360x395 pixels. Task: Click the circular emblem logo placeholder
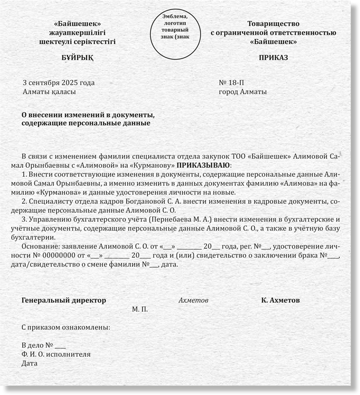pos(179,30)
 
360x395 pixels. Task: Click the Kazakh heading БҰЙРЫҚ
pos(78,58)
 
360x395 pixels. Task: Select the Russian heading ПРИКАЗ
pos(273,58)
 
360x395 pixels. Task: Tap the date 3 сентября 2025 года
pos(59,83)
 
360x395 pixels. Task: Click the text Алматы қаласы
pos(49,92)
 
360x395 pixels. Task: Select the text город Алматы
pos(243,92)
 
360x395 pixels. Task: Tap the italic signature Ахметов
pos(193,301)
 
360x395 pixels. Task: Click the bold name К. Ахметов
pos(280,301)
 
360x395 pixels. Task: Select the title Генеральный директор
pos(64,301)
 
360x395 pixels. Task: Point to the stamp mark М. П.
pos(140,309)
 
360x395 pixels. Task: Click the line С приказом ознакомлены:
pos(66,328)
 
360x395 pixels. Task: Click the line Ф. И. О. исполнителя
pos(56,355)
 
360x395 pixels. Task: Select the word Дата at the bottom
pos(29,364)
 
